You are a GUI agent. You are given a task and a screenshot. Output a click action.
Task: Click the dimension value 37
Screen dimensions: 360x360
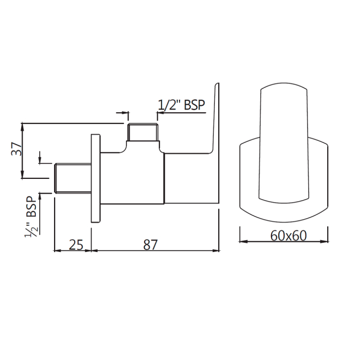pos(16,149)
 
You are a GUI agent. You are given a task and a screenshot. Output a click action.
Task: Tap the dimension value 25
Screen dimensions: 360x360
pos(76,245)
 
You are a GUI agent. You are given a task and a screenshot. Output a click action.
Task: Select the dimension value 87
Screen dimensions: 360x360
pos(151,245)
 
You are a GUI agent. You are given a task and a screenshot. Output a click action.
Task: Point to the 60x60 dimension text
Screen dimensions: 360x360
pos(289,236)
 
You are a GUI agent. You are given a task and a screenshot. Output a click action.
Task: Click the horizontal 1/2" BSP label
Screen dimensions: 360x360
pos(182,105)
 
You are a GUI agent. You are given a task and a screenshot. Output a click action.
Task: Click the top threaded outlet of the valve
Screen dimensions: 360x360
pos(143,132)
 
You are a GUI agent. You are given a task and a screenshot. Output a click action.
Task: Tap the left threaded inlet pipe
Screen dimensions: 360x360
pos(73,178)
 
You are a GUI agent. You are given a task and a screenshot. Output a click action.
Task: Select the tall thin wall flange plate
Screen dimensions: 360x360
pos(96,178)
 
